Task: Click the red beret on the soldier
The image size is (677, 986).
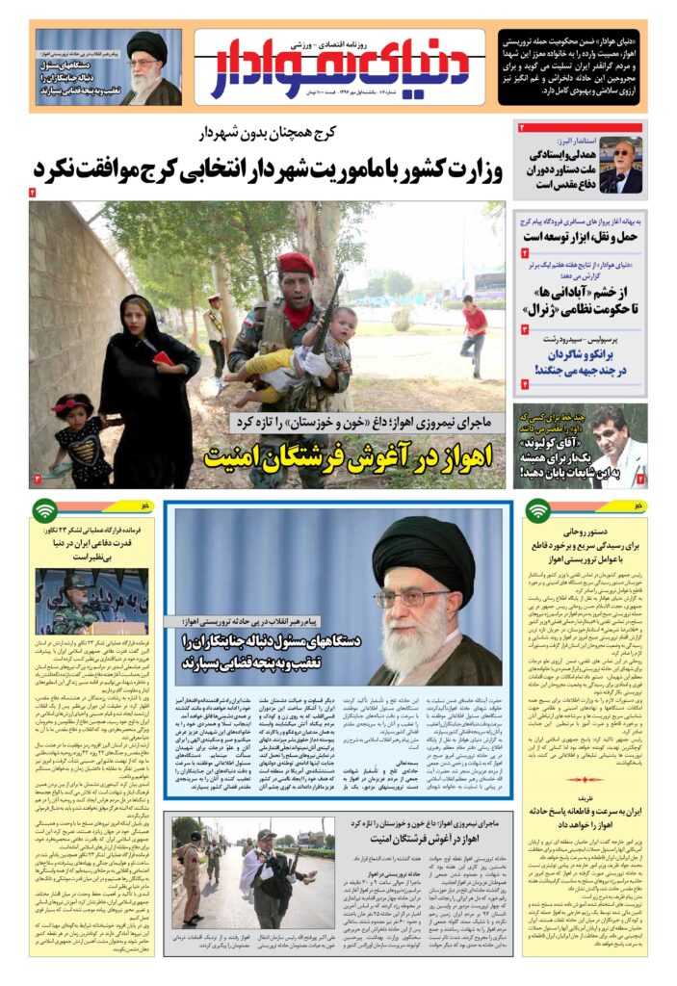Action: [x=298, y=263]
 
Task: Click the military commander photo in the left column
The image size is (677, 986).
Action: [x=79, y=600]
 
